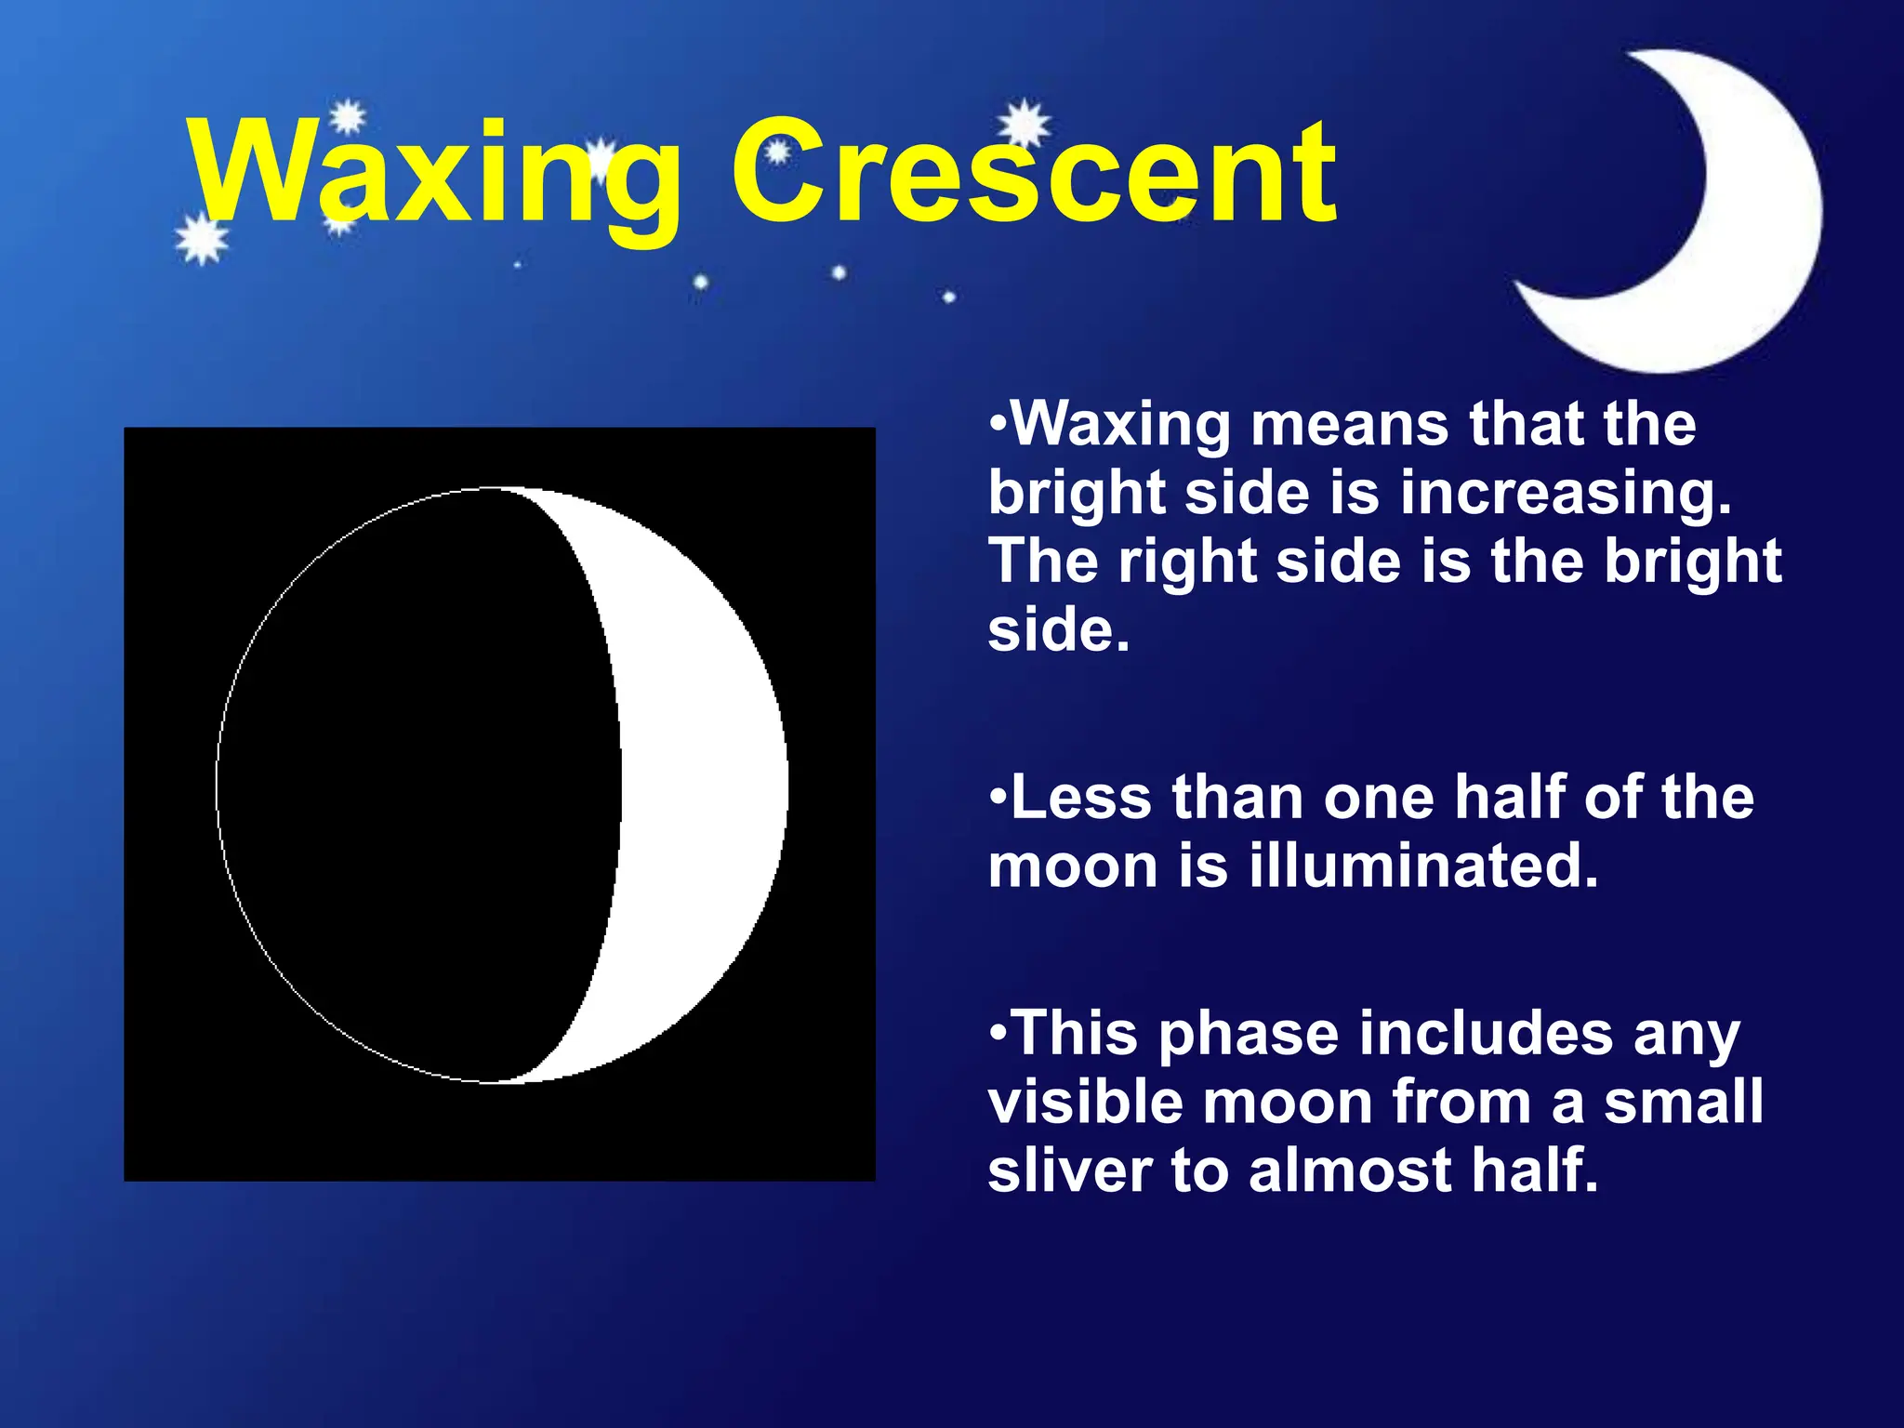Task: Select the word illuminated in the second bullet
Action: (1422, 866)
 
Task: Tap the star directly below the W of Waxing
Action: (201, 240)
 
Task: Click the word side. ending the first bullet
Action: (1058, 630)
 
